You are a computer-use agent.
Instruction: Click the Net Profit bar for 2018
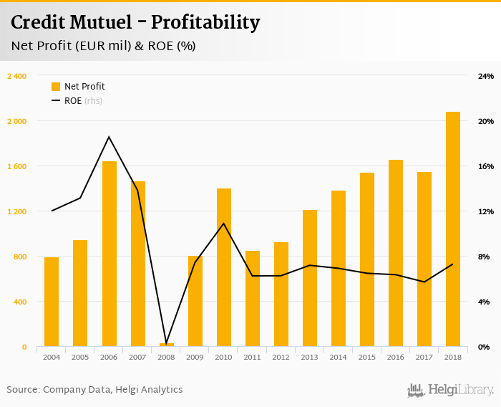coord(452,229)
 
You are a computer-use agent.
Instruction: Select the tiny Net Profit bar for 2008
coord(166,345)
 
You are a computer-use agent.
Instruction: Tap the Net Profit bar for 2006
coord(109,254)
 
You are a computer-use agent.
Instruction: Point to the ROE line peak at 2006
coord(109,137)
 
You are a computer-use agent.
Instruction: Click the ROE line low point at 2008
coord(166,343)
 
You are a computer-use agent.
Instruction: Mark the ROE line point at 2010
coord(223,224)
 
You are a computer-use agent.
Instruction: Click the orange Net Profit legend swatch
coord(56,87)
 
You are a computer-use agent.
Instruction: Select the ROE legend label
coord(72,101)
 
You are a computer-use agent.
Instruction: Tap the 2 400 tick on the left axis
coord(16,76)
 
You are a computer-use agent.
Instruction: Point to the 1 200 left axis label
coord(16,211)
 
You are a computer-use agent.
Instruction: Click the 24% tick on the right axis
coord(486,76)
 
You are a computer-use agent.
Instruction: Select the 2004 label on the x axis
coord(52,357)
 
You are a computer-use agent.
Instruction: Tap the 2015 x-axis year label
coord(366,357)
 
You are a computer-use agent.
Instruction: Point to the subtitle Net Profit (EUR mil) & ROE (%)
coord(103,47)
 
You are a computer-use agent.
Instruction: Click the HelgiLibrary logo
coord(450,391)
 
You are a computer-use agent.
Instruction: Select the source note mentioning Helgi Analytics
coord(94,390)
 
